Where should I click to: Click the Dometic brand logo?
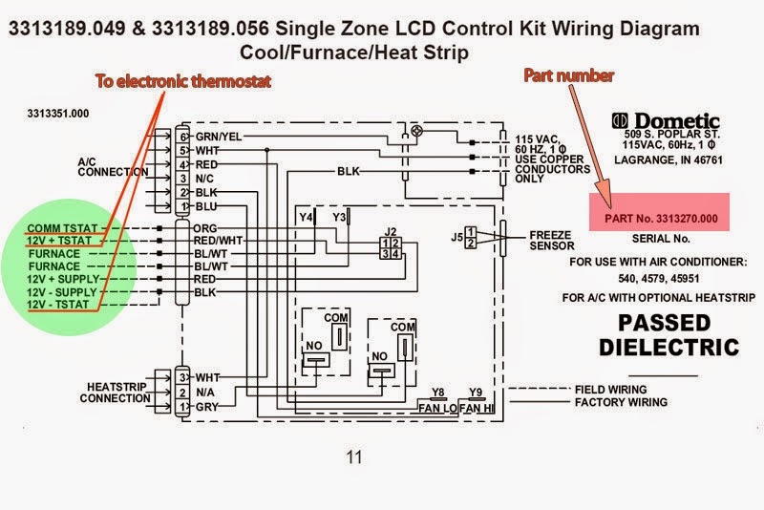tap(665, 121)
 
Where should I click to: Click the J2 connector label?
tap(390, 231)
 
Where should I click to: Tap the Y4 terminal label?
tap(306, 218)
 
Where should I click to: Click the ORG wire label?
tap(205, 229)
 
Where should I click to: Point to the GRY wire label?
tap(206, 407)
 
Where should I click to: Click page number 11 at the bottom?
tap(353, 457)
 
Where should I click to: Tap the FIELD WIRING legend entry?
tap(610, 390)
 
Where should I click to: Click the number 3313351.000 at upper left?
tap(58, 113)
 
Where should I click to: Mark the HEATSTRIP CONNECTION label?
tap(115, 392)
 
